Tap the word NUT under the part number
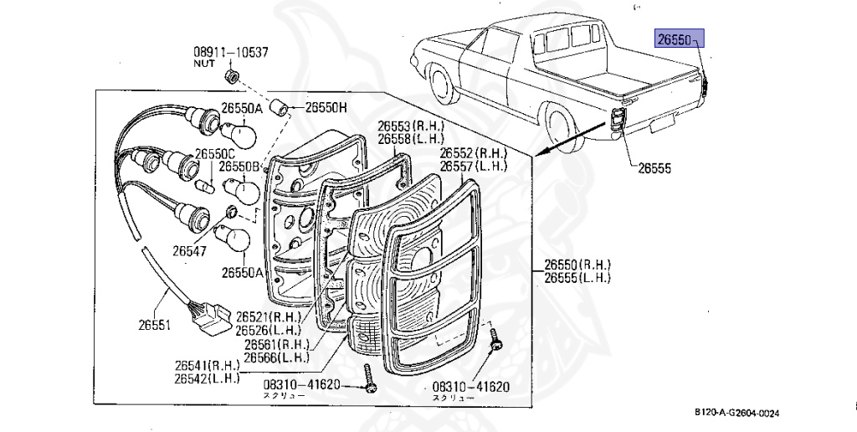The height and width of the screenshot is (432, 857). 204,64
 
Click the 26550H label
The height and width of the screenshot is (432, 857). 326,107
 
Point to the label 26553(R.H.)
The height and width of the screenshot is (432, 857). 410,126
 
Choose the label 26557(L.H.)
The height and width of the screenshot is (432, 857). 475,167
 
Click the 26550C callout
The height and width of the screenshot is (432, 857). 216,154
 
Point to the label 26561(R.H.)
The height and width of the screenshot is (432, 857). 277,344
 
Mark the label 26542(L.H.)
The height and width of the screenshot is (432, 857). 208,378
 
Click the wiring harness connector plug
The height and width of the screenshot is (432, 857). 207,316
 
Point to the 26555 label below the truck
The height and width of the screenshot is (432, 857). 654,167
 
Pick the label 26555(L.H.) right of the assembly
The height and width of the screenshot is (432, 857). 578,278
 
